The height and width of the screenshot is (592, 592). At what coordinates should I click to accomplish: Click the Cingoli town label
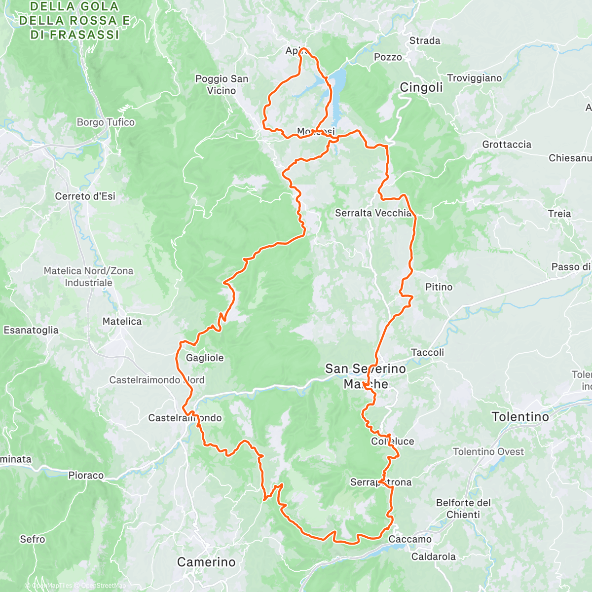[x=421, y=88]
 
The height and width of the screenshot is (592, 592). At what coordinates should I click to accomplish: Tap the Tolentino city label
[x=520, y=417]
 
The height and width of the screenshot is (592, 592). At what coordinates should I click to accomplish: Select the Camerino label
[x=206, y=562]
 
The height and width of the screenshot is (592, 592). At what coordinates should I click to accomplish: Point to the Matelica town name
[x=122, y=322]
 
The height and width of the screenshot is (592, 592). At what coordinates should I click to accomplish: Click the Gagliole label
[x=205, y=358]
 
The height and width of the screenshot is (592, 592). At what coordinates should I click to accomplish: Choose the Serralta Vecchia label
[x=373, y=213]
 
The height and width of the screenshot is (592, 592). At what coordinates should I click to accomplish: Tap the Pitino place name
[x=439, y=287]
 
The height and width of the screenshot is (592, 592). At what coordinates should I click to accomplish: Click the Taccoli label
[x=427, y=353]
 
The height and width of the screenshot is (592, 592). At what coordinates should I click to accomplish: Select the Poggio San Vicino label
[x=222, y=84]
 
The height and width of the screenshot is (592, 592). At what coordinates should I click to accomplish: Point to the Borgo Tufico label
[x=106, y=122]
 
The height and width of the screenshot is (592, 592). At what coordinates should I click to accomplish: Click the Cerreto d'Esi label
[x=85, y=196]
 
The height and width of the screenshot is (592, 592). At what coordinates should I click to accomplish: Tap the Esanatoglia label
[x=31, y=331]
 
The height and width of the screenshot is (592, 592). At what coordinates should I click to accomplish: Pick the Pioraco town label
[x=86, y=476]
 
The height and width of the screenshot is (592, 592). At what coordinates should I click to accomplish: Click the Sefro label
[x=33, y=539]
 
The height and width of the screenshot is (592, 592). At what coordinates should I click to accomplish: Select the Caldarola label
[x=433, y=557]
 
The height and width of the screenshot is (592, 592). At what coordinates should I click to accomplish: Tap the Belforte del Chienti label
[x=463, y=509]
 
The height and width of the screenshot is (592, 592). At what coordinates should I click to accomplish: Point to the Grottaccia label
[x=507, y=145]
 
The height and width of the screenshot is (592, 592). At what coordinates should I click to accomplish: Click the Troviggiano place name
[x=474, y=78]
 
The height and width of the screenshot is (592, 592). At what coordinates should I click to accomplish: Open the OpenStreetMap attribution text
[x=103, y=586]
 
